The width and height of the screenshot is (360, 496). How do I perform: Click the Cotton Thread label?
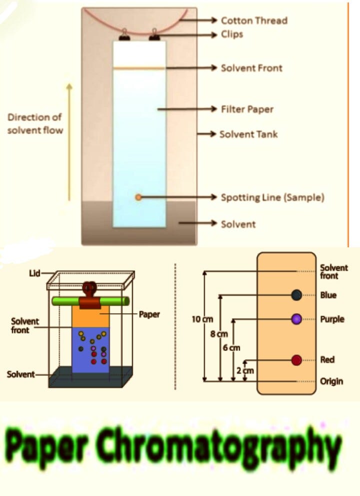click(254, 20)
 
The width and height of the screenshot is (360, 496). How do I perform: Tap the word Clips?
click(232, 34)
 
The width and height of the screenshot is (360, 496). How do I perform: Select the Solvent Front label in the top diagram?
click(251, 67)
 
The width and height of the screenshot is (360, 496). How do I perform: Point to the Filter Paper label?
click(247, 108)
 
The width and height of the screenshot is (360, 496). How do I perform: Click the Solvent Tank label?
click(248, 134)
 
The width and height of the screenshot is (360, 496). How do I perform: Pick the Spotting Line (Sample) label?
click(272, 197)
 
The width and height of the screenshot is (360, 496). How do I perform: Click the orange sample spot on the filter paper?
click(138, 197)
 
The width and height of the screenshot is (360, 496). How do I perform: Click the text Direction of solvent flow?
click(35, 123)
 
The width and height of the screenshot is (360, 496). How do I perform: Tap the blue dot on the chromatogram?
click(296, 295)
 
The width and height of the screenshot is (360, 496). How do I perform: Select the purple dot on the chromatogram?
click(296, 319)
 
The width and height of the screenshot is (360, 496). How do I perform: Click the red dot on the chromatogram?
click(296, 360)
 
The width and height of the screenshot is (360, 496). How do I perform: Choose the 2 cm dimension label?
click(245, 370)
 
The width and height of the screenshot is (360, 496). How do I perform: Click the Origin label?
click(331, 381)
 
